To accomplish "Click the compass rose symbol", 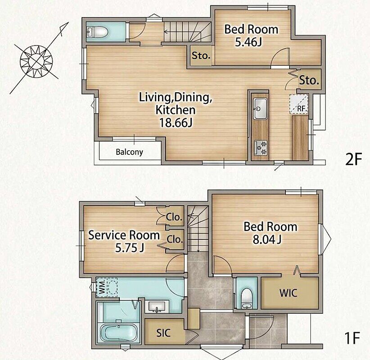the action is coord(36,61).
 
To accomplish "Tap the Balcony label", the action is coord(129,152).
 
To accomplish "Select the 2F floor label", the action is coord(353,159).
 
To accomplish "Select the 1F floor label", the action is coord(352,338).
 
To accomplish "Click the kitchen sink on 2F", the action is coord(260,109).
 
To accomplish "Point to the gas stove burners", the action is coord(261,148).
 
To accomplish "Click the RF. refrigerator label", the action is coord(302,109).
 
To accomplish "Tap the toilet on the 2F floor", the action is coord(97,31).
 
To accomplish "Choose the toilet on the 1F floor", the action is coord(247,298).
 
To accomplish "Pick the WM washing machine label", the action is coord(102,287).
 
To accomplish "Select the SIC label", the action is coord(163,333).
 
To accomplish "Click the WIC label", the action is coord(288,293).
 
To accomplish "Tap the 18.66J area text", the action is coord(176,123).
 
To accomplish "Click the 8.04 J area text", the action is coord(267,239).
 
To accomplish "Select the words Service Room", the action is coord(124,235).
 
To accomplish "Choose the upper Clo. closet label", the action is coord(174,217).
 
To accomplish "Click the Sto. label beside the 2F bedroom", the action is coord(201,56).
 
